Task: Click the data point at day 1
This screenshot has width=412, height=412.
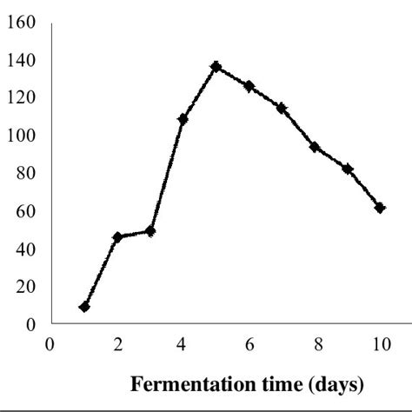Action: (84, 307)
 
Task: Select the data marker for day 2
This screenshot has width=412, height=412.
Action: (117, 236)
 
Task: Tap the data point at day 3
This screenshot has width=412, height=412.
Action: (150, 231)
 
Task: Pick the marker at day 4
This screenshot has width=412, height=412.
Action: (183, 119)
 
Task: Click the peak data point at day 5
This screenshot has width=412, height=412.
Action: (216, 66)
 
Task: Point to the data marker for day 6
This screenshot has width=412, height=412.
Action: (249, 86)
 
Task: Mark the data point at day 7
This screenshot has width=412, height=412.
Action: (282, 108)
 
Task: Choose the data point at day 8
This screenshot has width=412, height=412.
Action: (315, 147)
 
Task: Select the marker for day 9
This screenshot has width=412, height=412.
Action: (348, 169)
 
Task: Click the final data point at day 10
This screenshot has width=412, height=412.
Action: (380, 208)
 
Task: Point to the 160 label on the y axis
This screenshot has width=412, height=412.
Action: (18, 23)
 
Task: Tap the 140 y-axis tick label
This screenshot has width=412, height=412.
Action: (18, 60)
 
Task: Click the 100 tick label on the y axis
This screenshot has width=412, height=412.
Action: (18, 136)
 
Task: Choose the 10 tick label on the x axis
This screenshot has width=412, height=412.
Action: (380, 342)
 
